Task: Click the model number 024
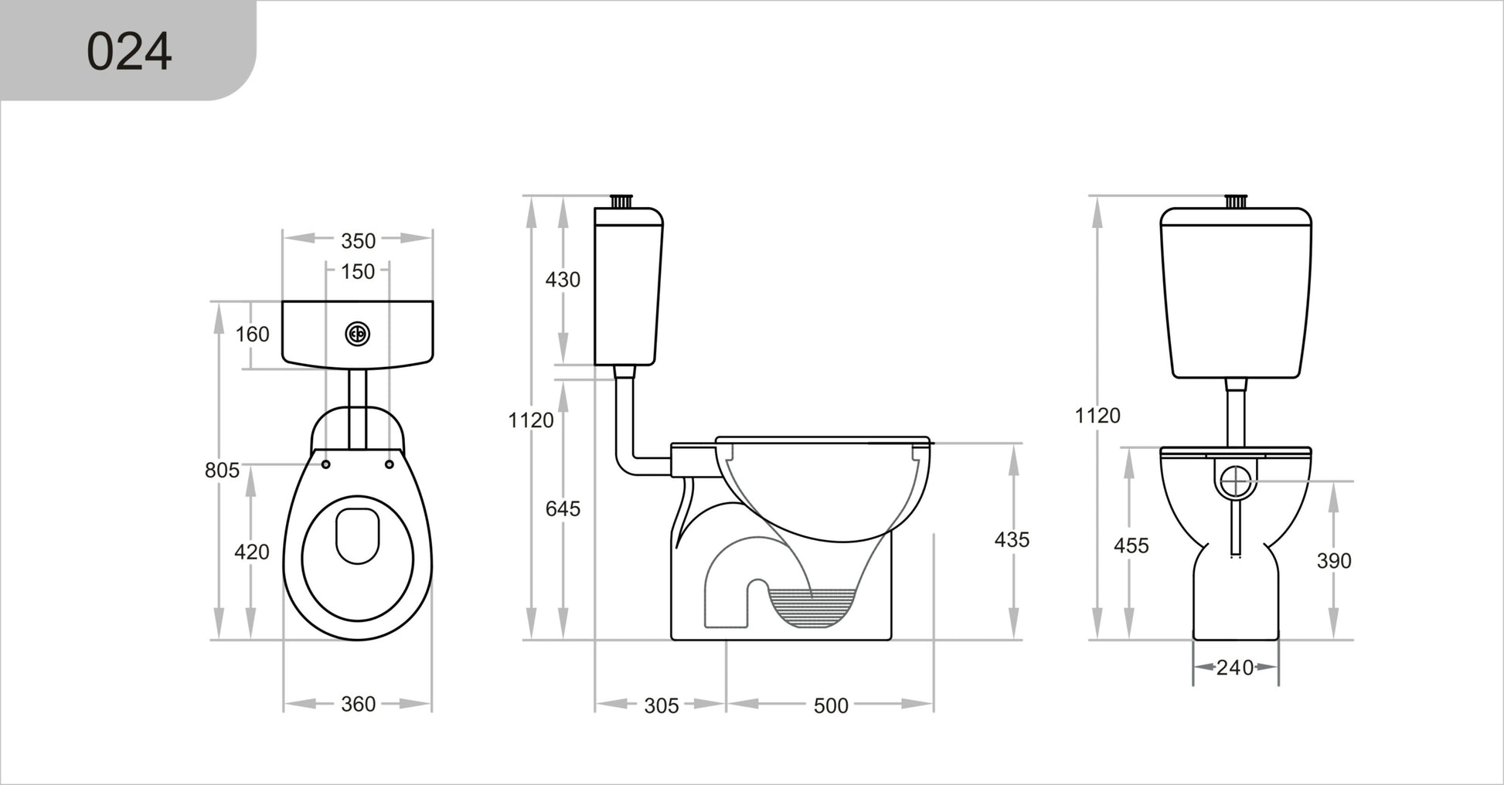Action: (129, 52)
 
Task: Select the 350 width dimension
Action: (359, 241)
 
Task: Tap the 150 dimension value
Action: (359, 271)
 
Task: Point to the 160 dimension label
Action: (253, 335)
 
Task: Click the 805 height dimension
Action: (223, 470)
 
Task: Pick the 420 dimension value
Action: (252, 552)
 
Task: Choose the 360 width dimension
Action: (359, 704)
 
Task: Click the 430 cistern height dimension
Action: (563, 280)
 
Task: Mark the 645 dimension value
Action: (563, 508)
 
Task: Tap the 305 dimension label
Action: (662, 705)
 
